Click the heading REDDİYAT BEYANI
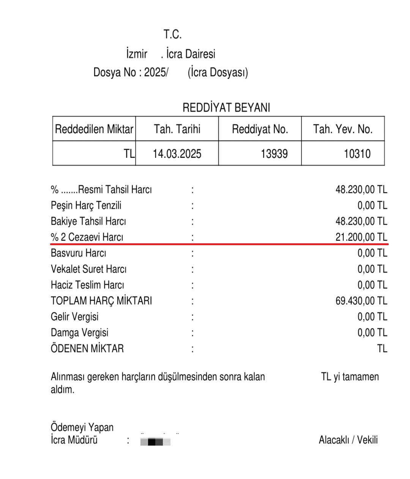click(x=226, y=108)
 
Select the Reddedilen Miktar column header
click(x=94, y=129)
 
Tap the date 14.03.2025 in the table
click(x=177, y=154)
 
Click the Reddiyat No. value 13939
click(x=274, y=154)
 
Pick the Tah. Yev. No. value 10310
click(x=357, y=154)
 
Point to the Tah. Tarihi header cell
click(x=177, y=129)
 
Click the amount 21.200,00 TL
click(x=361, y=237)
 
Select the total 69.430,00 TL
click(x=361, y=301)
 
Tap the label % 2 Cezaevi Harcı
click(x=87, y=237)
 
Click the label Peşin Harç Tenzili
click(x=86, y=205)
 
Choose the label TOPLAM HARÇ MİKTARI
click(x=101, y=301)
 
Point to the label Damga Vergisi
click(x=80, y=333)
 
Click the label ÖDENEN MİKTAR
click(x=87, y=348)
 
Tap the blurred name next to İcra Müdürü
click(x=155, y=441)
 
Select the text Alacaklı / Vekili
click(x=348, y=440)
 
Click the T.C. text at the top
click(x=173, y=35)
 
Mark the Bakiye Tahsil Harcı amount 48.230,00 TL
click(x=361, y=221)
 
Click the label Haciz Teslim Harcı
click(x=87, y=285)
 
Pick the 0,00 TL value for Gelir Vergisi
click(x=372, y=317)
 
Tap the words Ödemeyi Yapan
click(x=82, y=427)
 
